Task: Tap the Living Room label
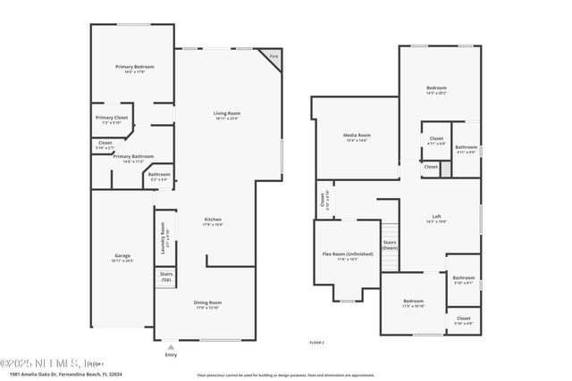227,113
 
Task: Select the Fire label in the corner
273,55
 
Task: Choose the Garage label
122,257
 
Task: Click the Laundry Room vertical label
164,238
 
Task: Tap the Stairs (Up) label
166,278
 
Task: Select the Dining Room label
207,304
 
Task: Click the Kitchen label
213,220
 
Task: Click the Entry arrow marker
171,345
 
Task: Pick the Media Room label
357,136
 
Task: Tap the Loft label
436,217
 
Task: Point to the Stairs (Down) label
389,244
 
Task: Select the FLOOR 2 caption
316,342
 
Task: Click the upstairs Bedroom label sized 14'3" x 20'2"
436,88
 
